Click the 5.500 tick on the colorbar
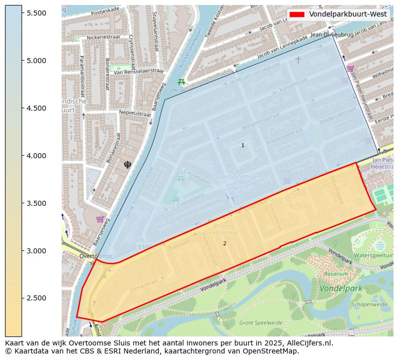tap(37, 13)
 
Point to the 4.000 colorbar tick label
tap(37, 156)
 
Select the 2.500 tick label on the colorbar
tap(37, 298)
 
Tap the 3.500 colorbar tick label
tap(37, 203)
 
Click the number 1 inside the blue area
tap(243, 146)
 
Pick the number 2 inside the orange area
tap(225, 244)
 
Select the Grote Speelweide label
tap(261, 323)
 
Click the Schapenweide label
tap(369, 304)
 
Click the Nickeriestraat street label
tap(104, 37)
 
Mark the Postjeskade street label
tap(105, 9)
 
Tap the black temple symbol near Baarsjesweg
tap(127, 164)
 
